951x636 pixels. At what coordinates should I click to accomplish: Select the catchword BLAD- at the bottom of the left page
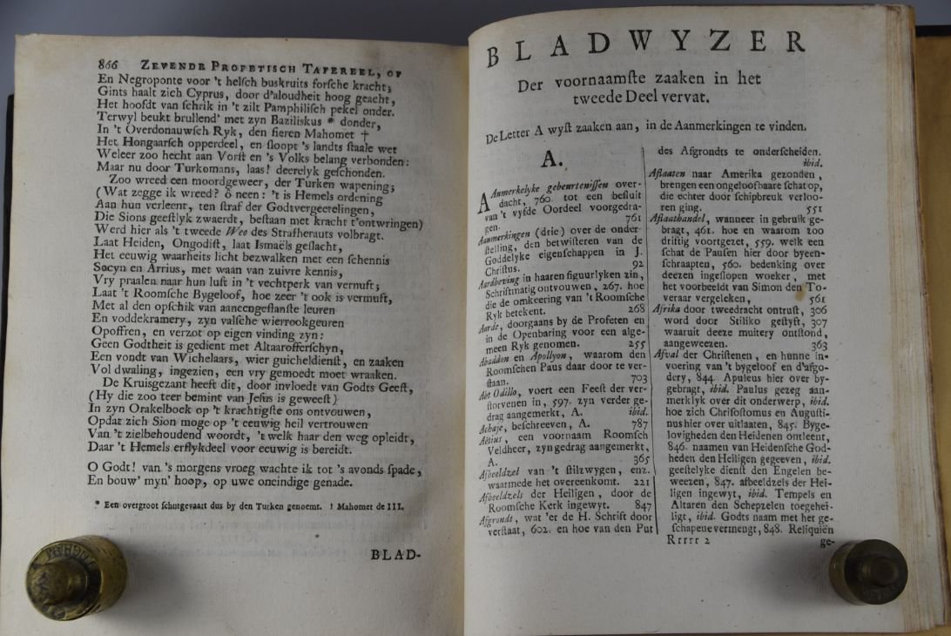point(395,554)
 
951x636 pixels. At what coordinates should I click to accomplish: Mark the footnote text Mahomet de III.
point(364,505)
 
